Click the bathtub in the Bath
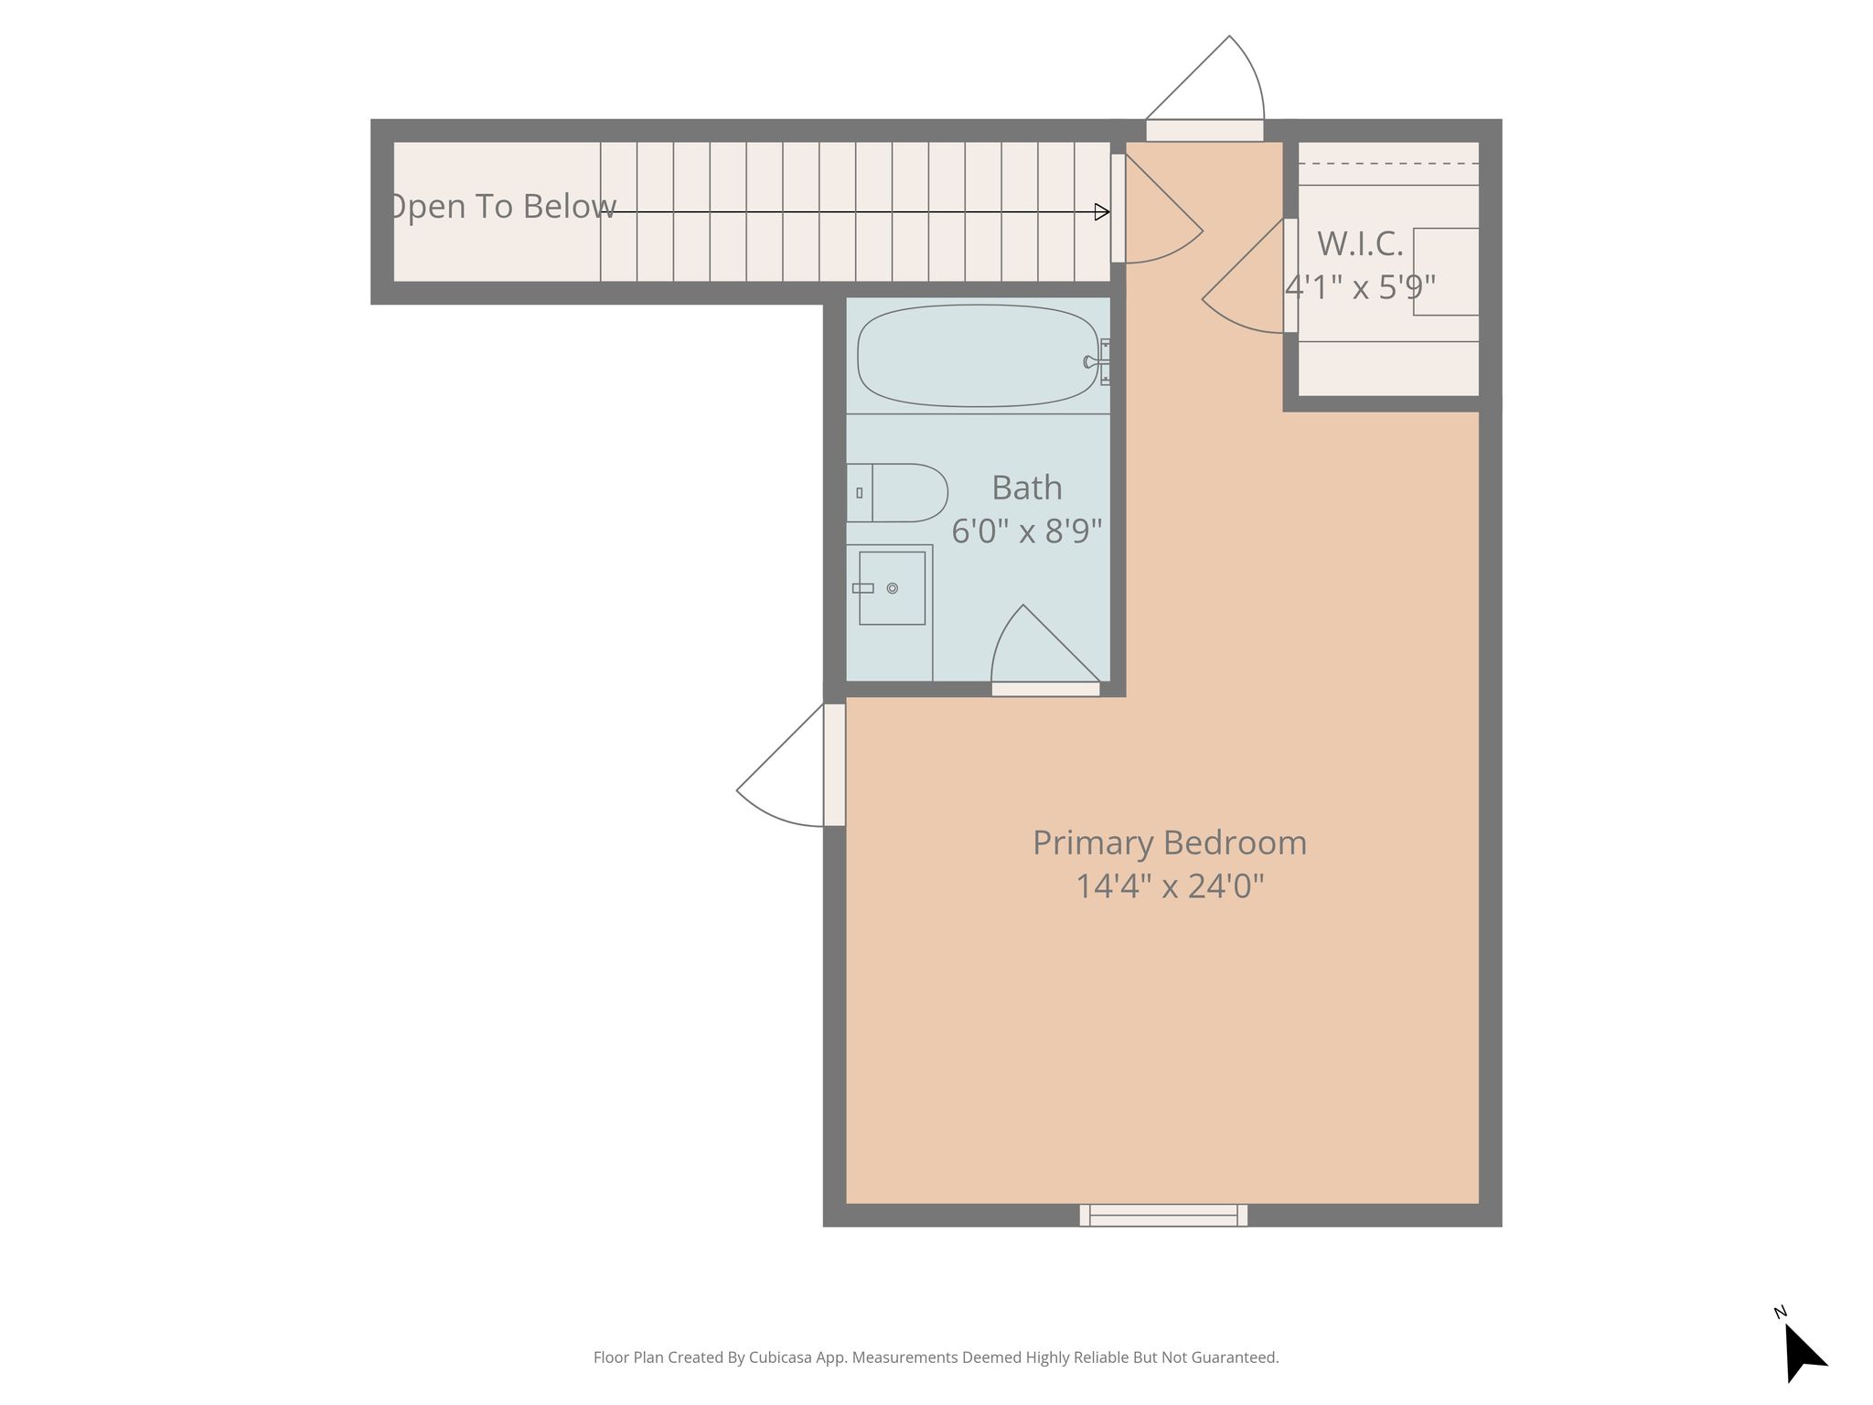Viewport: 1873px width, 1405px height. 978,356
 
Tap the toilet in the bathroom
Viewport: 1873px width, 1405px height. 896,492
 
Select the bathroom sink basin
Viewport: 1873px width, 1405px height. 892,588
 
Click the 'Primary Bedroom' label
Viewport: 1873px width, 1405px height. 1170,842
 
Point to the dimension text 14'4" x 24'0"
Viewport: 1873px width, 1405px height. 1170,885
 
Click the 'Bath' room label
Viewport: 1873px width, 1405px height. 1027,488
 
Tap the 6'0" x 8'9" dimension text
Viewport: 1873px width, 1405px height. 1027,531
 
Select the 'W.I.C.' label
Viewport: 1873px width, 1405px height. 1360,243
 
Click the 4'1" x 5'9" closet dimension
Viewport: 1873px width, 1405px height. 1361,287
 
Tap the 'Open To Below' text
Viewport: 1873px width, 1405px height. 502,207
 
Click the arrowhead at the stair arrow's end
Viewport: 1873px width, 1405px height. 1103,212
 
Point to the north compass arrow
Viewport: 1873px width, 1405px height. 1803,1351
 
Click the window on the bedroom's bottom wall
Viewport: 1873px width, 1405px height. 1163,1215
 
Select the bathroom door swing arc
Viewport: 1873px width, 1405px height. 1046,644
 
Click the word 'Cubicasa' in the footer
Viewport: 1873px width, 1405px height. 782,1357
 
